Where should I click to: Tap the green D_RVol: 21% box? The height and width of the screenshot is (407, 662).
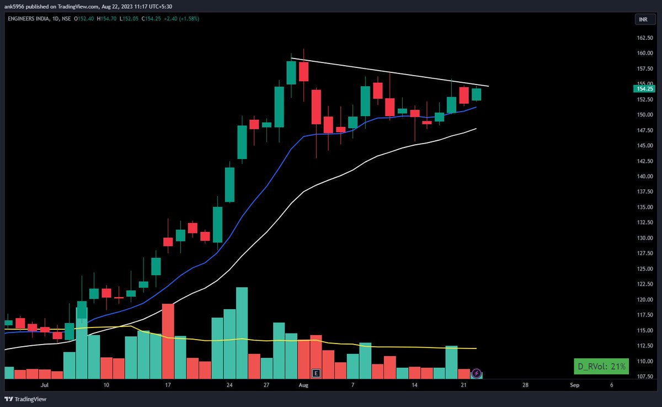[601, 367]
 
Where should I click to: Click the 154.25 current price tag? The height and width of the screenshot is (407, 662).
[644, 89]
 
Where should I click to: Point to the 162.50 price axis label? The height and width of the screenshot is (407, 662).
[644, 38]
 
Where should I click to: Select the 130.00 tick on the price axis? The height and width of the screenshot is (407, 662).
[644, 238]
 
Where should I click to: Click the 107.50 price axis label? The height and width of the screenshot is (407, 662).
[644, 376]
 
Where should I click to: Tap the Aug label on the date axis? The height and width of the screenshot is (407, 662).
[303, 385]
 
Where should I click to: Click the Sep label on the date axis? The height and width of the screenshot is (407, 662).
[574, 385]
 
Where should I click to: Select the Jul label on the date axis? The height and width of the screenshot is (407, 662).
[44, 385]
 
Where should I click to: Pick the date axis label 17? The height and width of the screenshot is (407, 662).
[168, 385]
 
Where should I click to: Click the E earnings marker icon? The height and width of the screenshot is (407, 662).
[316, 373]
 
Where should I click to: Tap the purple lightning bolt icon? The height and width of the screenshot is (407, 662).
[476, 373]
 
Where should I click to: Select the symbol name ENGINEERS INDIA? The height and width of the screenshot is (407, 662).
[28, 19]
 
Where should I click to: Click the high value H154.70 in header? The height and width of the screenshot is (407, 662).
[106, 19]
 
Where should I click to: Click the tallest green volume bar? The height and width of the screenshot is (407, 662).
[242, 333]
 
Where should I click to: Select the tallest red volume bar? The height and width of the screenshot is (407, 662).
[168, 341]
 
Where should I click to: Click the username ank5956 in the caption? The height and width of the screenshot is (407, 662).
[14, 7]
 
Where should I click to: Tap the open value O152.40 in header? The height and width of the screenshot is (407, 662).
[84, 19]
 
